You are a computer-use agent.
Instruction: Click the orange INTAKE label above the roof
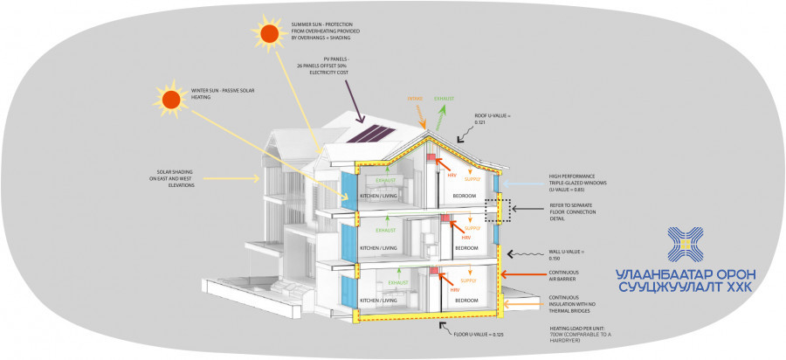click(415, 99)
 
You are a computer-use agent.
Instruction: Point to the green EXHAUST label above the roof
click(445, 99)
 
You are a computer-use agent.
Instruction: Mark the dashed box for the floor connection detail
click(497, 211)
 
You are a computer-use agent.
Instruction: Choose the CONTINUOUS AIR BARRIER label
click(564, 278)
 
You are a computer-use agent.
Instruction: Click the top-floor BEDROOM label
click(465, 196)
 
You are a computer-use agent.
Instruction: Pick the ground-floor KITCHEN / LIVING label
click(378, 300)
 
